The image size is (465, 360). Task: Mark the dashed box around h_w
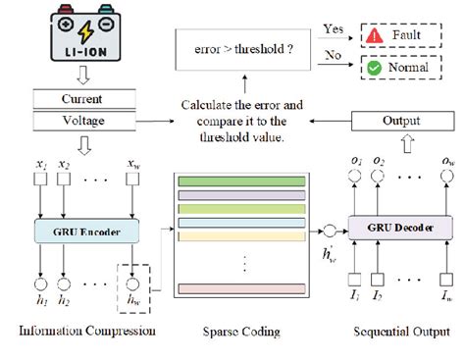tap(133, 284)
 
